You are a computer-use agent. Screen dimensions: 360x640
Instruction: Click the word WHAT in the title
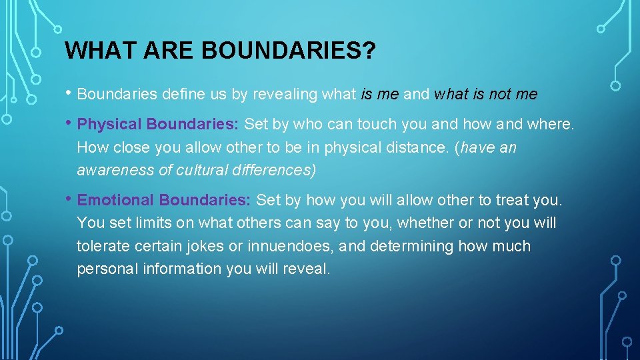click(x=93, y=50)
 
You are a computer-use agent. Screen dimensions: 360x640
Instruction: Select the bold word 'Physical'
click(x=109, y=125)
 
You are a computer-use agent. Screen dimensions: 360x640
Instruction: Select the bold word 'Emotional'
click(x=116, y=200)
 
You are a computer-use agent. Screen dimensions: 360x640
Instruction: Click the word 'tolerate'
click(x=103, y=246)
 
